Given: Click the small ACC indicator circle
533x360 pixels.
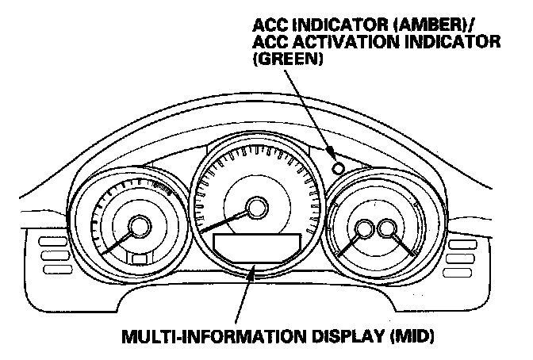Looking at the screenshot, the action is pyautogui.click(x=339, y=167).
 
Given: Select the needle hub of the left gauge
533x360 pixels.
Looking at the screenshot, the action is pyautogui.click(x=140, y=228).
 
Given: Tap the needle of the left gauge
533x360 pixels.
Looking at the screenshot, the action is pyautogui.click(x=117, y=242).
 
